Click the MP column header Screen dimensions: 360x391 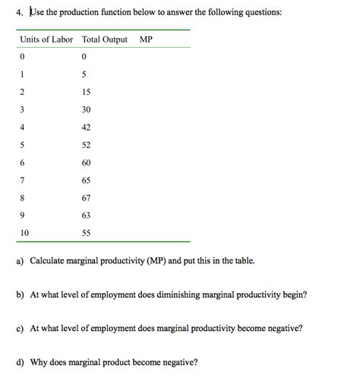(x=146, y=39)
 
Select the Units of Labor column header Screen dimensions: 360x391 (x=46, y=39)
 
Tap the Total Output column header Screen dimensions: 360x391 (x=104, y=39)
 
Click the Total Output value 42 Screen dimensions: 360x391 (x=86, y=127)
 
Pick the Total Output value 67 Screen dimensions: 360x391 (x=86, y=197)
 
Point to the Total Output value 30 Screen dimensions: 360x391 (x=86, y=109)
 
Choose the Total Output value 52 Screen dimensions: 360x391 (x=86, y=144)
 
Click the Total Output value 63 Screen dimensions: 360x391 (x=86, y=215)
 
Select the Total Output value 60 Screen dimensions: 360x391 (x=86, y=162)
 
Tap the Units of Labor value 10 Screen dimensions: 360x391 (x=24, y=233)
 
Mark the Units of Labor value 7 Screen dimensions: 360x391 (x=23, y=180)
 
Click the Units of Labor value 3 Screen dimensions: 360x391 (x=23, y=109)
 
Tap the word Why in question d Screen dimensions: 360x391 (x=39, y=362)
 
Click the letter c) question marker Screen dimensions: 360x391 (x=19, y=329)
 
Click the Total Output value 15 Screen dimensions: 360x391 (x=86, y=92)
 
